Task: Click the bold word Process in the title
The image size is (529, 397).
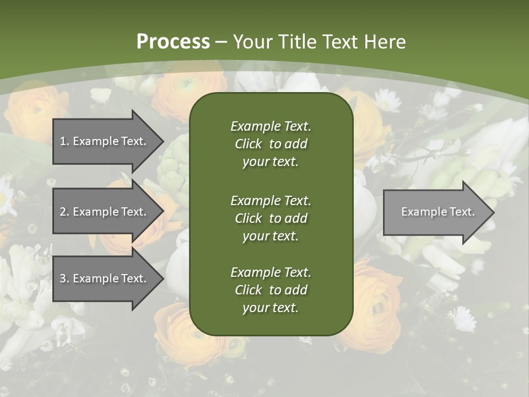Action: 173,42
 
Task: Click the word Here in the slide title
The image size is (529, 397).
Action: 385,42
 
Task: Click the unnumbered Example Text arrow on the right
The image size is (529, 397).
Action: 435,212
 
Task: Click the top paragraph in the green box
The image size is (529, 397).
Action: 271,144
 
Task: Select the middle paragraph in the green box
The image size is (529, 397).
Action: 271,218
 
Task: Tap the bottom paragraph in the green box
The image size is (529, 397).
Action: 271,290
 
